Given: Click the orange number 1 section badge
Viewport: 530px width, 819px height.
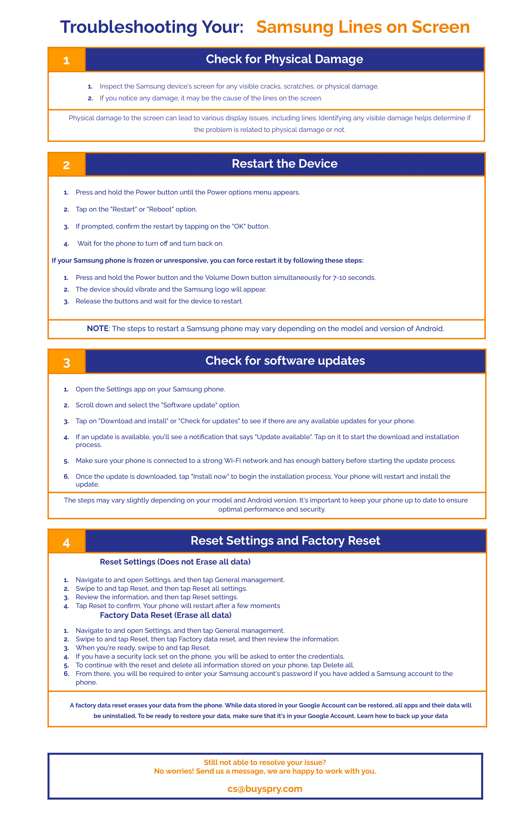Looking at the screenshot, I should pos(66,60).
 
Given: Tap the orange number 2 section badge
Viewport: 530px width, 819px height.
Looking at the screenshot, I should pos(66,165).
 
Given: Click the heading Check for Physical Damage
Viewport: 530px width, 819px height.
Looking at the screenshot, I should pos(284,59).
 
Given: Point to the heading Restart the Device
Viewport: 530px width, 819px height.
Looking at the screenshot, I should pos(284,164).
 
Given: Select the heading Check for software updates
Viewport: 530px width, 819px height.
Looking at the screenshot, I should pos(285,361).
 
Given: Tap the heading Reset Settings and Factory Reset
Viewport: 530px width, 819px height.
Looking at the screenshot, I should pos(285,541).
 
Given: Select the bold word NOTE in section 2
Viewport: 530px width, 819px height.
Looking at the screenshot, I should pos(98,329).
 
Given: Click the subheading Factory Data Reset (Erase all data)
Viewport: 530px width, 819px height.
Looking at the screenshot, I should pos(166,615).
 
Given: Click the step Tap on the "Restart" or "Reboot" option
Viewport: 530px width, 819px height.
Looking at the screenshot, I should pos(136,209).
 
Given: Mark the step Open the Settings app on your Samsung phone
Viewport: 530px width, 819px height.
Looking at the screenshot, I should pos(150,389).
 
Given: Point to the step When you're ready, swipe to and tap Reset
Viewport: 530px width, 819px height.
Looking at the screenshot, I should pos(143,648).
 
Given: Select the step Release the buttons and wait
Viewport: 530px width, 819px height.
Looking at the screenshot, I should pos(159,301).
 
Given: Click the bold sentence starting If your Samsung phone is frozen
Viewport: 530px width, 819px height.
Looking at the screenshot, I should pos(207,260).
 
